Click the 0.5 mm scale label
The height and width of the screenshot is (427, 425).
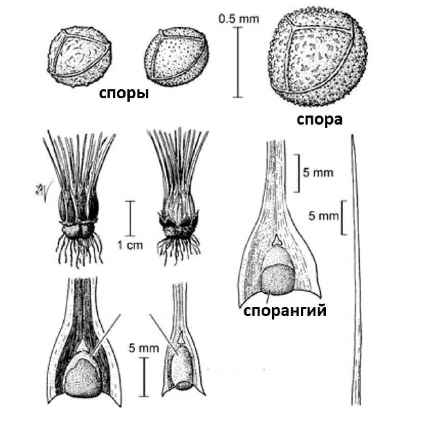coord(238,19)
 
